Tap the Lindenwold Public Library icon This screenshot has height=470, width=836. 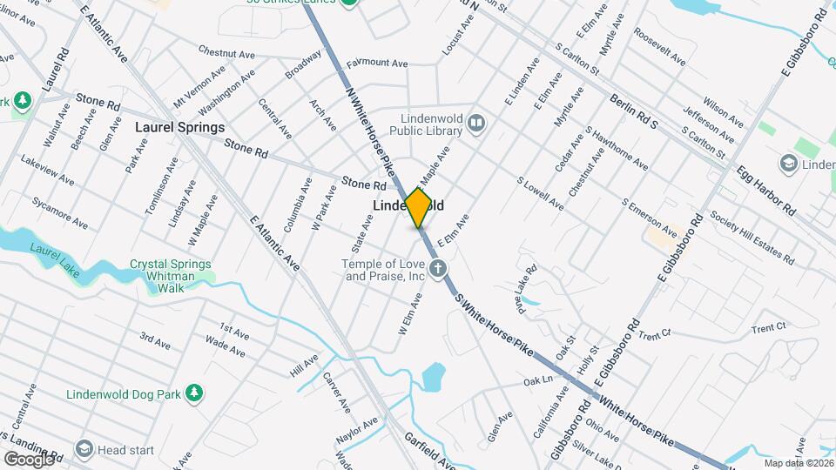tap(475, 123)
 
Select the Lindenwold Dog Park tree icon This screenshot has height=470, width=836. tap(198, 394)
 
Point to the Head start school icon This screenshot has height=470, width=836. tap(84, 449)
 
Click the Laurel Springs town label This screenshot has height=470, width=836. tap(179, 127)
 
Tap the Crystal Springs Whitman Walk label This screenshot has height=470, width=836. tap(170, 270)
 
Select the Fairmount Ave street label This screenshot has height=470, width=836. tap(377, 64)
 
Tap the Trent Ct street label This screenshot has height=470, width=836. tap(768, 327)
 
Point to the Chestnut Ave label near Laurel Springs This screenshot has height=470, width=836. tap(226, 52)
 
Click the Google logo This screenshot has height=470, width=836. tap(29, 458)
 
